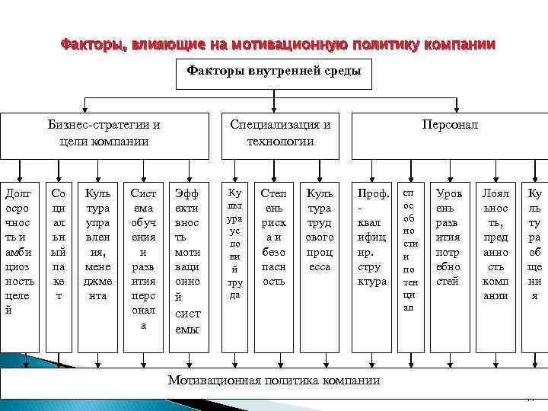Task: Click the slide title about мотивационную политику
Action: [x=277, y=44]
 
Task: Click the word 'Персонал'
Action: [x=451, y=125]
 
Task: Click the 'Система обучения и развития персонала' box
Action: [x=144, y=259]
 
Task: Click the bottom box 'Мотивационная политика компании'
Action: [x=274, y=380]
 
